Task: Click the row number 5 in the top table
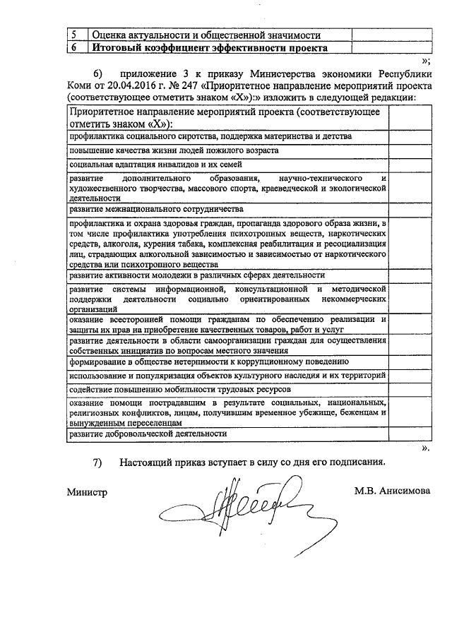pyautogui.click(x=76, y=35)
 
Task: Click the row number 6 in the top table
pyautogui.click(x=76, y=48)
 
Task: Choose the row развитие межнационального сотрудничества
pyautogui.click(x=156, y=209)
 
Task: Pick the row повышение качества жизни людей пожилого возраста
pyautogui.click(x=174, y=150)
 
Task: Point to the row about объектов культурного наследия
pyautogui.click(x=226, y=374)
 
